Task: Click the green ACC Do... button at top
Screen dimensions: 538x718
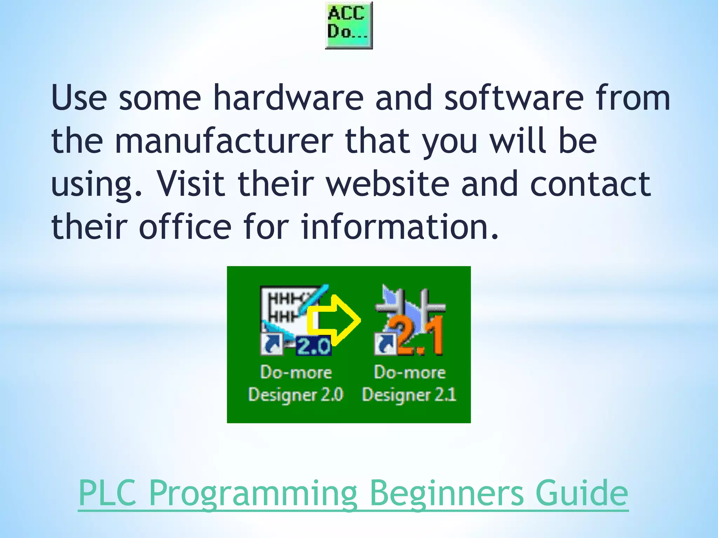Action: click(348, 25)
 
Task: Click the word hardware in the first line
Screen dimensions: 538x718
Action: click(288, 98)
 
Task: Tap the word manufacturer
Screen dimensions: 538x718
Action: click(224, 141)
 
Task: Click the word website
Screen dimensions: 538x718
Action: click(388, 184)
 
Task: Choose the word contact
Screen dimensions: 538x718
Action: click(590, 184)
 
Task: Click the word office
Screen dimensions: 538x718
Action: click(185, 227)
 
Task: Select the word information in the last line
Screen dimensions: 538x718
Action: click(400, 227)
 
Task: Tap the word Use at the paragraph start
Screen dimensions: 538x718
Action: click(79, 98)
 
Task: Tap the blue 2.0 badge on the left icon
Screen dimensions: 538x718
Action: click(313, 346)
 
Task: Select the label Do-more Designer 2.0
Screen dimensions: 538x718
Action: click(296, 384)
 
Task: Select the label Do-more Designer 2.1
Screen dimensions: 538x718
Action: click(409, 384)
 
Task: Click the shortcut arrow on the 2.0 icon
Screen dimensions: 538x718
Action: click(272, 344)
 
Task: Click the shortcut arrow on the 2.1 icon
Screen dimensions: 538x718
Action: click(385, 344)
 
